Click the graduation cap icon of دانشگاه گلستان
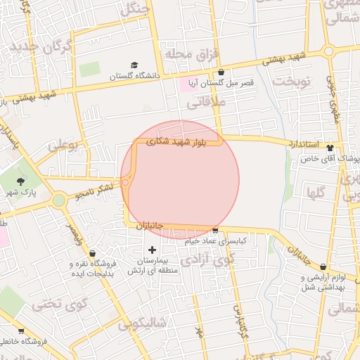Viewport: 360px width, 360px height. tap(134, 65)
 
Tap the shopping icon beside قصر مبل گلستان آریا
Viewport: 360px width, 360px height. tap(221, 72)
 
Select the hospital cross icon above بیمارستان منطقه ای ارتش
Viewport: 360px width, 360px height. tap(152, 250)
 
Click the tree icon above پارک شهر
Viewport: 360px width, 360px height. tap(20, 181)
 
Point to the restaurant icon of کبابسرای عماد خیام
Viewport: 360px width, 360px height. tap(215, 231)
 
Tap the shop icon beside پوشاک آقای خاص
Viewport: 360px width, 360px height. tap(330, 148)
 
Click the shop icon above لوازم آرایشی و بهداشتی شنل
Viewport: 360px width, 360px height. tap(323, 267)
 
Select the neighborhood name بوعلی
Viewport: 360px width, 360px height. tap(63, 146)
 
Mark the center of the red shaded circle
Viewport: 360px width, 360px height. tap(180, 180)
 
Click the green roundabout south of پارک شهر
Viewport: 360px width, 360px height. tap(58, 200)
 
